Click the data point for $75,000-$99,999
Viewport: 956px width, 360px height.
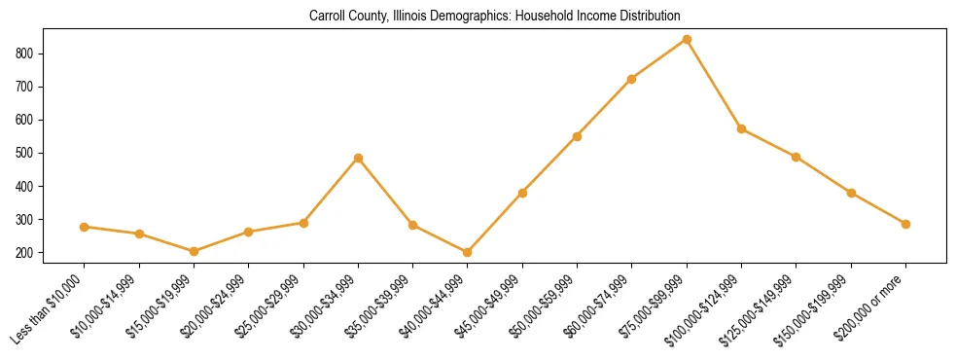[x=687, y=40]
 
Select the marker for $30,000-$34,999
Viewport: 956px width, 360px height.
[x=358, y=158]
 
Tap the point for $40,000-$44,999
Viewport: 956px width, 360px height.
[x=468, y=252]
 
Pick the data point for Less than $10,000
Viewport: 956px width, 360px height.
[x=85, y=227]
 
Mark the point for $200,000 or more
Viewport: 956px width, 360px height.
[x=905, y=224]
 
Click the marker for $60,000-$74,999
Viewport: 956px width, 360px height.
[x=632, y=79]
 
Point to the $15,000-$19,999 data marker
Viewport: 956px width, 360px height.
[x=194, y=251]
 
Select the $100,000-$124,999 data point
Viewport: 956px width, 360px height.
[x=741, y=128]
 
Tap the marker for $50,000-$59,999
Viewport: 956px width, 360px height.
[x=577, y=136]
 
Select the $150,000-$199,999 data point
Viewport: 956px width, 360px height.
[x=851, y=193]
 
